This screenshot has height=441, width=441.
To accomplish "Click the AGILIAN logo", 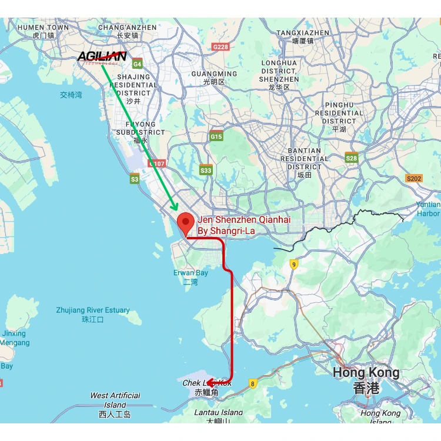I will point(102,56).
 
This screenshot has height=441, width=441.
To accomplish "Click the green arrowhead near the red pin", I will point(174,206).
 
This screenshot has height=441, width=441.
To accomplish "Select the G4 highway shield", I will point(138,64).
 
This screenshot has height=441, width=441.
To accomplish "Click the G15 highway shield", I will point(216,136).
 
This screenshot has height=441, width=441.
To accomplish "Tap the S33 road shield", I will point(206,170).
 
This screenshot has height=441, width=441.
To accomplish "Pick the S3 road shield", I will point(135,179).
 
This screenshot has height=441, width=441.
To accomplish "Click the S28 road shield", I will point(352,158).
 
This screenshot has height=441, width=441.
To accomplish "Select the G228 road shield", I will point(220,46).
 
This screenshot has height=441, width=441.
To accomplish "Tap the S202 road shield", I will point(414,178).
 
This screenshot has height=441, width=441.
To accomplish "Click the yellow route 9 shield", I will point(293,265).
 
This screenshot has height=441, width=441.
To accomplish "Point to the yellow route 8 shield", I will point(253,384).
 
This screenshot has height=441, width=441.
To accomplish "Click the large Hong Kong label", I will point(366,380).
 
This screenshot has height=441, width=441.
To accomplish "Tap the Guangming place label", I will point(214,78).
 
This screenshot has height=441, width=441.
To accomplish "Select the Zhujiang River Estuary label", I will point(93,314).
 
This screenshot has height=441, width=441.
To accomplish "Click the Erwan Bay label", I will point(191,277).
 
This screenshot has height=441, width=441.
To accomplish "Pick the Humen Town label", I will point(43,31).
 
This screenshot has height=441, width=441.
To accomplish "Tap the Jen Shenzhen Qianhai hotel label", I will point(243,225).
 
